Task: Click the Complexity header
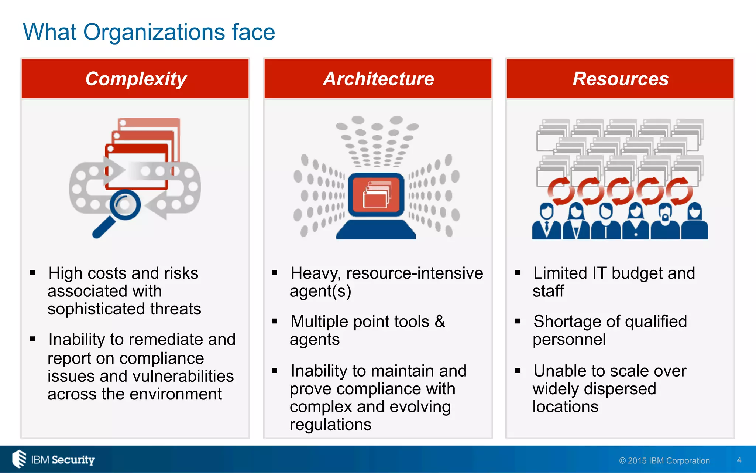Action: pos(135,79)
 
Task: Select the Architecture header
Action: pos(378,79)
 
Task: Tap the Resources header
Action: pos(620,79)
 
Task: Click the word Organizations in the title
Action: pos(154,33)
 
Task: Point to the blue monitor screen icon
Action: pos(376,194)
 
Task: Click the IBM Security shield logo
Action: pos(19,459)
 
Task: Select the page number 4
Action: pos(739,460)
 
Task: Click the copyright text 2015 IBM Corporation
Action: pos(664,460)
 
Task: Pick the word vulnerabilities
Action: pos(183,376)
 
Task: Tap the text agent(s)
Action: pos(320,291)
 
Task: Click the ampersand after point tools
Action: pos(440,321)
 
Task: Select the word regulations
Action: pos(330,424)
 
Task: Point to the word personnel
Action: pos(569,339)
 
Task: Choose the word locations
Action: pos(565,406)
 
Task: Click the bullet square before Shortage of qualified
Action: pos(518,321)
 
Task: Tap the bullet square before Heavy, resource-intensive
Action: pos(275,273)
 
